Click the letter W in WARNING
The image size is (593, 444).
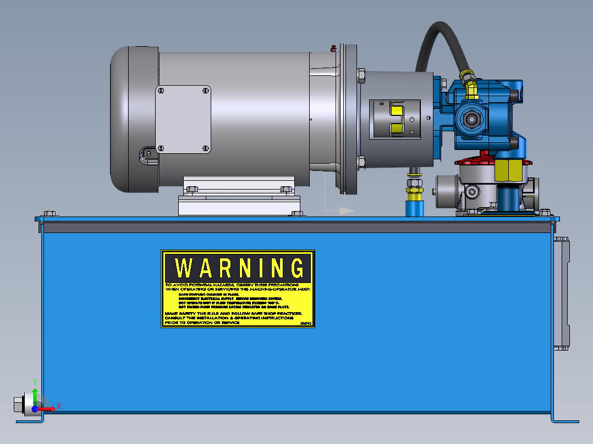[x=185, y=268]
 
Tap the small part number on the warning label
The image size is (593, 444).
[x=306, y=323]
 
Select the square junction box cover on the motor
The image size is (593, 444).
[x=183, y=119]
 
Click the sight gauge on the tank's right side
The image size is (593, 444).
[x=561, y=293]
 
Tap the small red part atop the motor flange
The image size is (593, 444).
[x=332, y=48]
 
